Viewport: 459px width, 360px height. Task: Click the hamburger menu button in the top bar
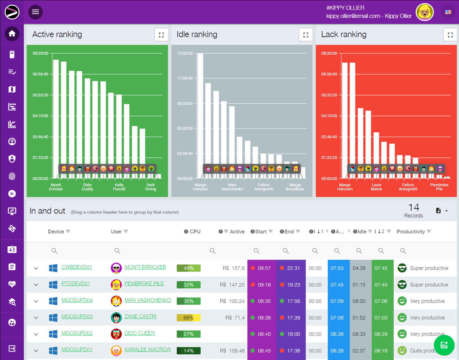35,12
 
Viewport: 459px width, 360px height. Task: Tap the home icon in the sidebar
12,34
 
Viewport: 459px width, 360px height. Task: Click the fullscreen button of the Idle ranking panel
305,35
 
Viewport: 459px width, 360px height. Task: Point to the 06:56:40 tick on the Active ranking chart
40,74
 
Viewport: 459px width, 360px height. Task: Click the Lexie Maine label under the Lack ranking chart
376,187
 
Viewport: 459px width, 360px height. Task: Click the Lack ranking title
344,34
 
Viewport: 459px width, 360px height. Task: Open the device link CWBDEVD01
77,267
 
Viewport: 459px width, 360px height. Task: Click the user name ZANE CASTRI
140,317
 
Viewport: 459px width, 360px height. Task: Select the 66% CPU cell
188,318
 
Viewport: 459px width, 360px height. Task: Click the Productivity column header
411,232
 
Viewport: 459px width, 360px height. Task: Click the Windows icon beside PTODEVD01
53,285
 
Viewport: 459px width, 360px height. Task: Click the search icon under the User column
117,251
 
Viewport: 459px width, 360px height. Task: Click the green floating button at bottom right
444,345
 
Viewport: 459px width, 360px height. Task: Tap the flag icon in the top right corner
448,12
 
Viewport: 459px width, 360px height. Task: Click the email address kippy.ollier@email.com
353,16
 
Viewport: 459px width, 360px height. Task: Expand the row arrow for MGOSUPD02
36,334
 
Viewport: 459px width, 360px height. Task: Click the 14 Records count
413,210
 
